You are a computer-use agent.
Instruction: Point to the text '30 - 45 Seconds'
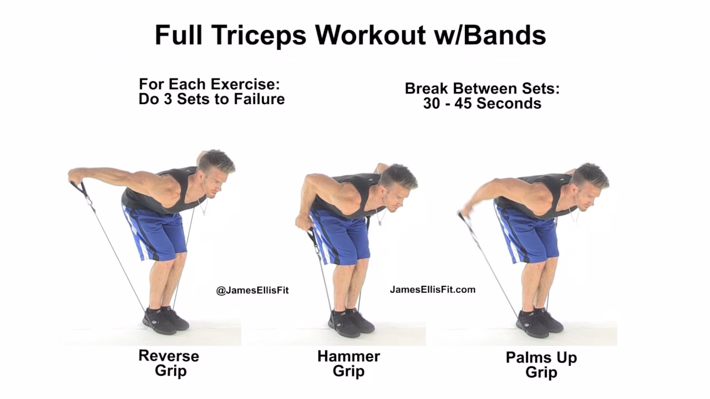pyautogui.click(x=482, y=103)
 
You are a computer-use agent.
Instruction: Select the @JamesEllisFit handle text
pyautogui.click(x=252, y=290)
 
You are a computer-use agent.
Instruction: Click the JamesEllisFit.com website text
pyautogui.click(x=433, y=289)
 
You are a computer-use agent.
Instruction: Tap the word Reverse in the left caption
pyautogui.click(x=169, y=355)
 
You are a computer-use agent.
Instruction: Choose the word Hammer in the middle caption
pyautogui.click(x=348, y=356)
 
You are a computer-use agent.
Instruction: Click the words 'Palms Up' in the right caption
pyautogui.click(x=541, y=357)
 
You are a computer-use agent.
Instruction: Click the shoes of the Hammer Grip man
pyautogui.click(x=351, y=323)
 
